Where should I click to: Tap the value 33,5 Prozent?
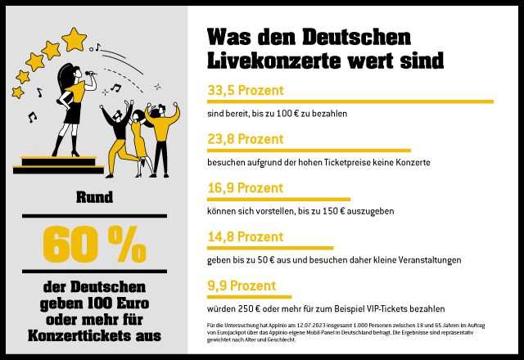click(x=246, y=90)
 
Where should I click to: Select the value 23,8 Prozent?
click(x=246, y=139)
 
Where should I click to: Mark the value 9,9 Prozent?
click(x=241, y=286)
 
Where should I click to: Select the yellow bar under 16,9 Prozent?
click(x=278, y=199)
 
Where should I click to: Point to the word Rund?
click(x=94, y=197)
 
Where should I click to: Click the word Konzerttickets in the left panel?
click(x=94, y=335)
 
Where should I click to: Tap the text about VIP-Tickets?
click(x=326, y=309)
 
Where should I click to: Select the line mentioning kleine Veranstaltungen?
click(x=334, y=260)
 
